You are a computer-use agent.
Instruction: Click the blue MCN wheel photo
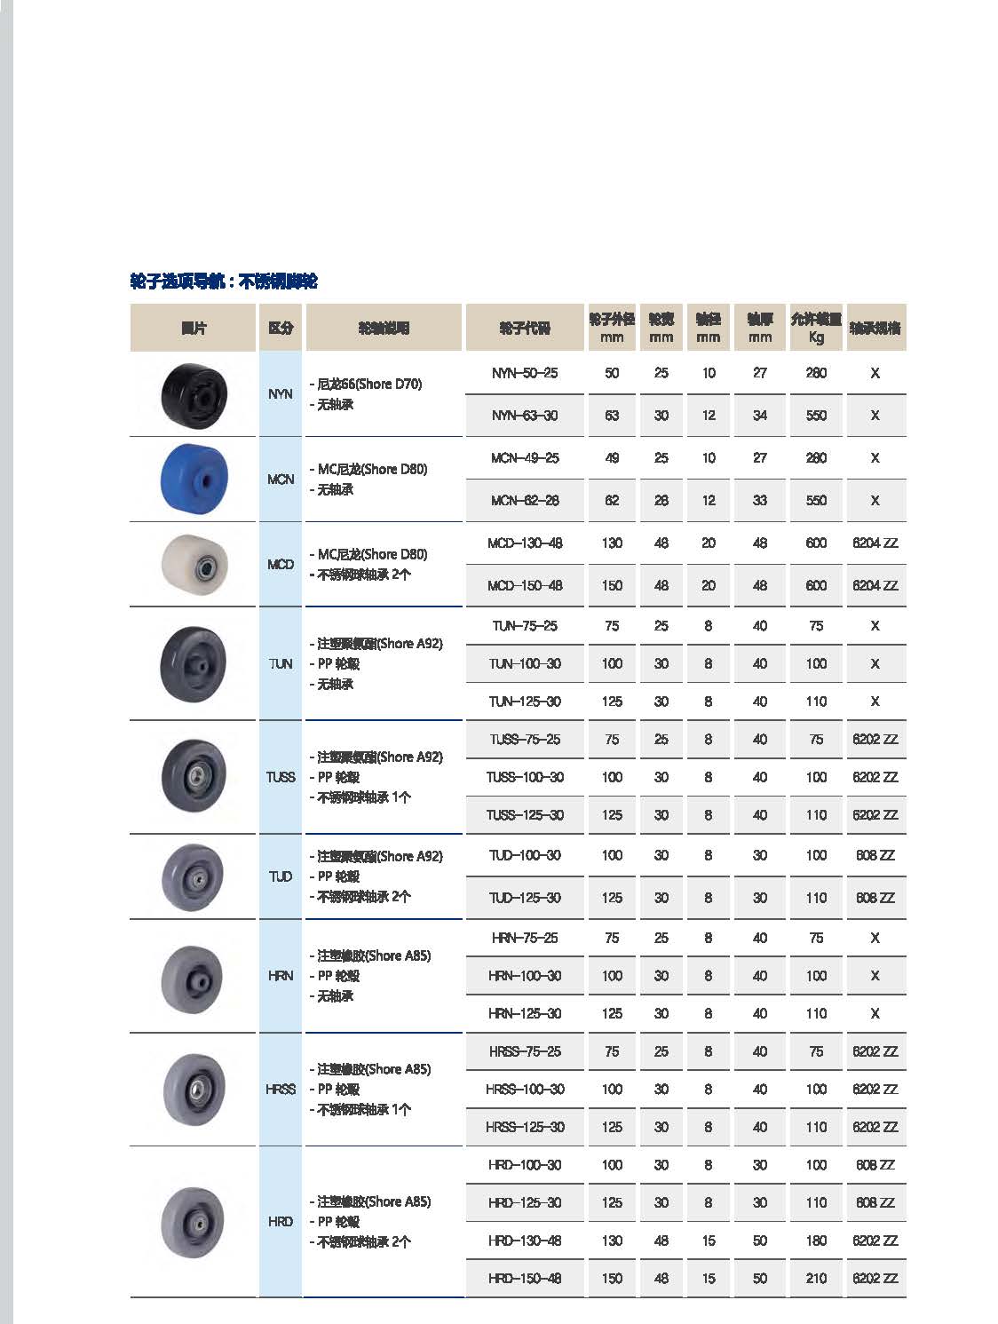click(194, 479)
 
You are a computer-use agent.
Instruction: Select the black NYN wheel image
click(194, 393)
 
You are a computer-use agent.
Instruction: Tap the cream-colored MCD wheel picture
click(194, 564)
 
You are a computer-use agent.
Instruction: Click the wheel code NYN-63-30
click(525, 416)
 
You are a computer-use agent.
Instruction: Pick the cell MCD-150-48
click(525, 586)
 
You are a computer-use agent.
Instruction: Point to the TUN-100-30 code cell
click(525, 663)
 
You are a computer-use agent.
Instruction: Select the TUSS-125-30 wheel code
click(525, 815)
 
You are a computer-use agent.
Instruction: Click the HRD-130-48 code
click(525, 1241)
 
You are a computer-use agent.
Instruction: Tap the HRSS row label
click(281, 1089)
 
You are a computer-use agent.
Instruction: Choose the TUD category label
click(281, 876)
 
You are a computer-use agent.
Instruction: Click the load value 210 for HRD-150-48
click(816, 1279)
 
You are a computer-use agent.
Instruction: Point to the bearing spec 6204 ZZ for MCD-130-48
click(875, 543)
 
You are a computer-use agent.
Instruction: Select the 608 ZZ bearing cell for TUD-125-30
click(875, 898)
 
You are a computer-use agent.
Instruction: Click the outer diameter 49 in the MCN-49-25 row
click(612, 458)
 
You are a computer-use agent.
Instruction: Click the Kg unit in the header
click(816, 337)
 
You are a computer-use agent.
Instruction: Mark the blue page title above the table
click(224, 281)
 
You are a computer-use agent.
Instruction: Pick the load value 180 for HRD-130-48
click(816, 1241)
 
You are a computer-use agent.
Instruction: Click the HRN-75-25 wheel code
click(525, 938)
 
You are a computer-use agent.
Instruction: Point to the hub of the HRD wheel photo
click(194, 1222)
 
